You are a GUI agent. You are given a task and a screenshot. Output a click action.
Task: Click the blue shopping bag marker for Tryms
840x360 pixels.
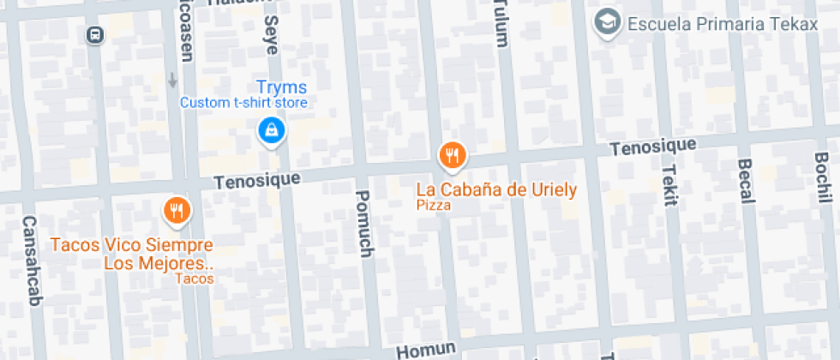(x=272, y=130)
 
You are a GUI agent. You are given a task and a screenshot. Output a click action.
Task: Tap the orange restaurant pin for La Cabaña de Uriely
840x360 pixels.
(x=452, y=155)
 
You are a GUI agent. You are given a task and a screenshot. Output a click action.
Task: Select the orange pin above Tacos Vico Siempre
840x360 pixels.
(x=177, y=209)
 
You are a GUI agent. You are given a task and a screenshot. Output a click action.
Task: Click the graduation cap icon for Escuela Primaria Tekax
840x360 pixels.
(x=609, y=23)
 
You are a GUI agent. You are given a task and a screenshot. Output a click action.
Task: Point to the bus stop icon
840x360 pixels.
(x=94, y=34)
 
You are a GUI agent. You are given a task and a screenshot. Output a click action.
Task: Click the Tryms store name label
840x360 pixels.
(x=282, y=87)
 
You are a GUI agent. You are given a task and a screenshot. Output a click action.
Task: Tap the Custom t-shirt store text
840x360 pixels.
(x=243, y=103)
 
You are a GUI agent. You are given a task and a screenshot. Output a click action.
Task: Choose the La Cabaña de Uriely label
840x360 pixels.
(x=496, y=189)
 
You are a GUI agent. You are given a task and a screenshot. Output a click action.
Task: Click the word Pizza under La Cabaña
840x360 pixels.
(x=434, y=206)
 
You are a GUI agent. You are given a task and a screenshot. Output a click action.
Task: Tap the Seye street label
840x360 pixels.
(x=271, y=34)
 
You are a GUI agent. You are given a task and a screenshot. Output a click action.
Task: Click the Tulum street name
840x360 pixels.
(x=501, y=19)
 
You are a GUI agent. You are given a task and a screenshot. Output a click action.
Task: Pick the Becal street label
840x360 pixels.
(x=745, y=181)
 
